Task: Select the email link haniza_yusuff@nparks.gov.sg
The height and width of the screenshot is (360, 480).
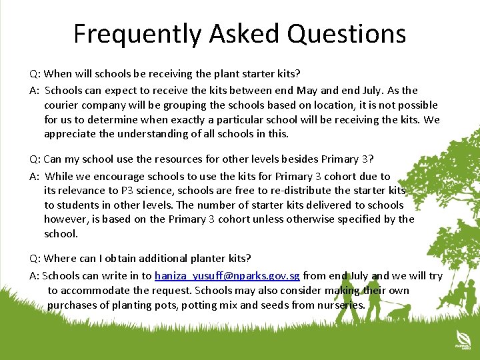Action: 227,276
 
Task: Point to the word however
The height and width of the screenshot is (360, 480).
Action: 65,219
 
